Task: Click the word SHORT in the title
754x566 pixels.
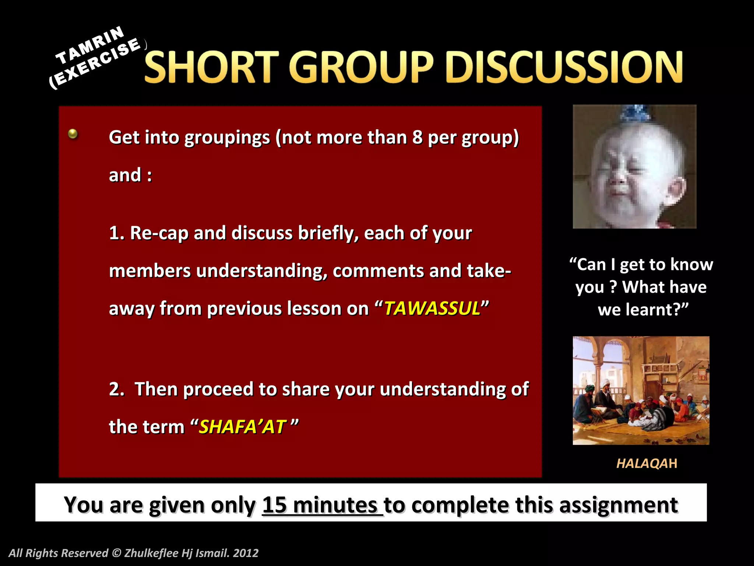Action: [211, 67]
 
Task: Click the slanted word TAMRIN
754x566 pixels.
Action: [90, 45]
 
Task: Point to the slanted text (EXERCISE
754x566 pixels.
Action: [95, 63]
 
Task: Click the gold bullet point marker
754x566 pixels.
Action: [73, 134]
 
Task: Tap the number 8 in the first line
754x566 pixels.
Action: [417, 137]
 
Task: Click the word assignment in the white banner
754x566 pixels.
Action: [619, 505]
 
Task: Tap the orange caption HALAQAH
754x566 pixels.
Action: [646, 463]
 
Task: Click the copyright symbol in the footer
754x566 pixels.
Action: [116, 553]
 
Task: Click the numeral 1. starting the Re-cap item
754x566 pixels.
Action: [117, 233]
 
